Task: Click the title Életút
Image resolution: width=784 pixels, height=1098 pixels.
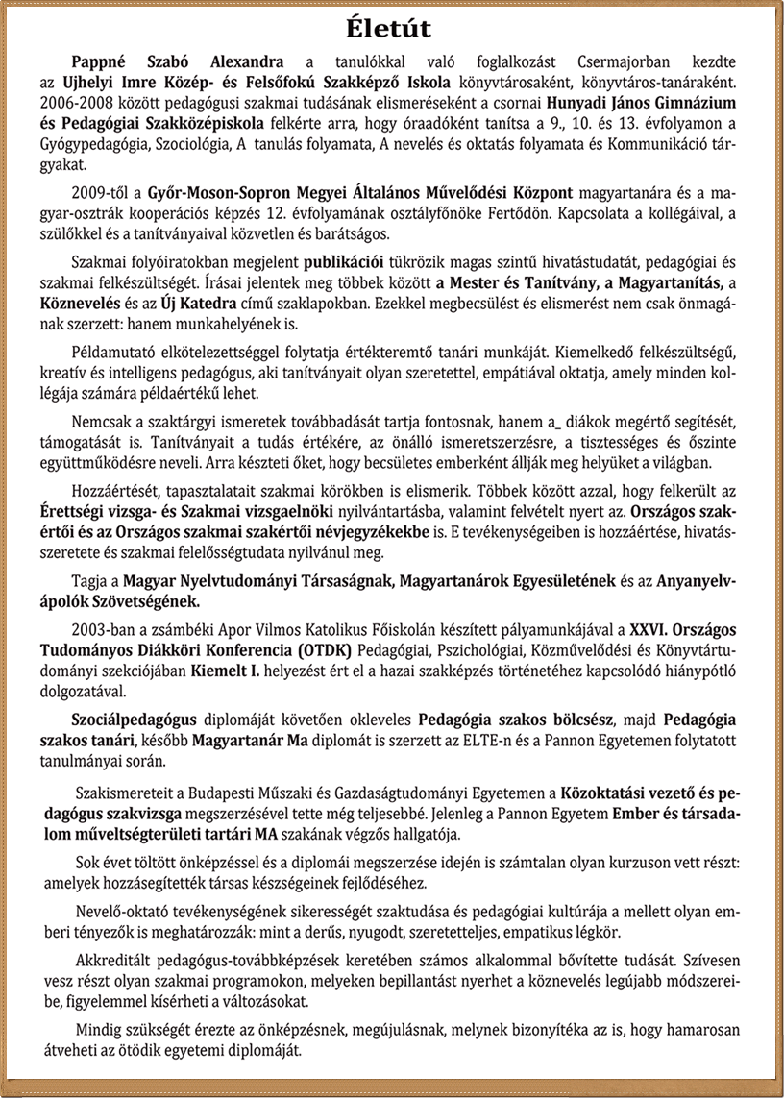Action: coord(391,26)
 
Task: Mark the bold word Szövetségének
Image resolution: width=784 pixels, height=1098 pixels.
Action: coord(137,602)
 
